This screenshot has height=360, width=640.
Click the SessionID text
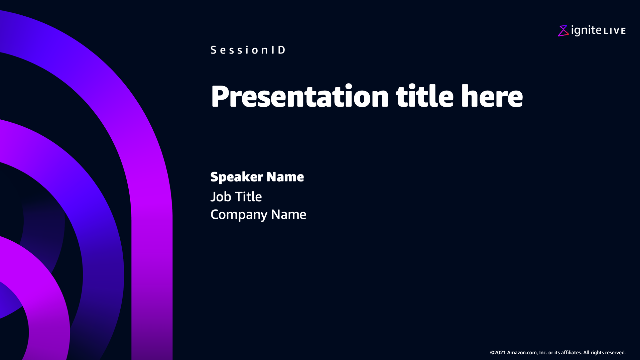(x=248, y=50)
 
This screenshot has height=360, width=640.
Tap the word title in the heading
(x=424, y=96)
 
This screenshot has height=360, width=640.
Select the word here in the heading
(x=492, y=96)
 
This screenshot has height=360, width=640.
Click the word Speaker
(x=237, y=177)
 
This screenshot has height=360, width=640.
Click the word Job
(x=221, y=197)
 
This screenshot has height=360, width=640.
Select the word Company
(x=239, y=215)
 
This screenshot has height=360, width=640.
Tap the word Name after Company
(x=289, y=215)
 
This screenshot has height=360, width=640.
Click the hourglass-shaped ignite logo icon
(x=563, y=31)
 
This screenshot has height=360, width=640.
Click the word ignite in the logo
(x=586, y=30)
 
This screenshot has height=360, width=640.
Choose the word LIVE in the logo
(x=615, y=31)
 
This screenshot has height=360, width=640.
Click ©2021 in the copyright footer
(x=498, y=353)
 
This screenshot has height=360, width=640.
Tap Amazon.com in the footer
(x=522, y=353)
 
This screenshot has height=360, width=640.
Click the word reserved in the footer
(x=615, y=353)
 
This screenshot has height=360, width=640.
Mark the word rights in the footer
(x=597, y=353)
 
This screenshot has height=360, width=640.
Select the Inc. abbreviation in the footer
(x=543, y=353)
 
